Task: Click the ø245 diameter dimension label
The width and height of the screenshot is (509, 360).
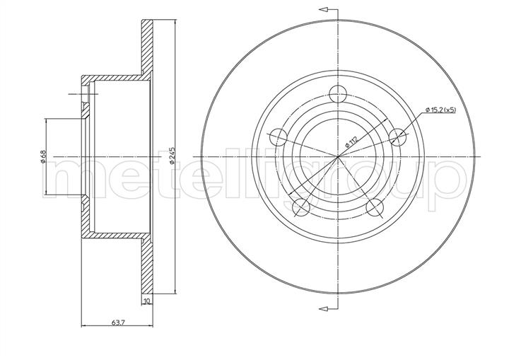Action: [172, 156]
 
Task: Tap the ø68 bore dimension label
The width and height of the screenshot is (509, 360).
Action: [43, 156]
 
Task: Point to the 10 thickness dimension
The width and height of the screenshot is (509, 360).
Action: [147, 301]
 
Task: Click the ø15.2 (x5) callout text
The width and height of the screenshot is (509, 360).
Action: [440, 110]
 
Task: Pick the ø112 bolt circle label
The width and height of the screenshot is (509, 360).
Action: [351, 141]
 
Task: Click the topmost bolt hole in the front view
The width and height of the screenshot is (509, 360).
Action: [338, 94]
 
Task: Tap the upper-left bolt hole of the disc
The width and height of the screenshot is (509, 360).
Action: [279, 137]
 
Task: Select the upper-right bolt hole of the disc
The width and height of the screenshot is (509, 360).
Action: [397, 137]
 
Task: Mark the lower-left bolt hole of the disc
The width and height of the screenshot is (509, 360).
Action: [301, 207]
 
